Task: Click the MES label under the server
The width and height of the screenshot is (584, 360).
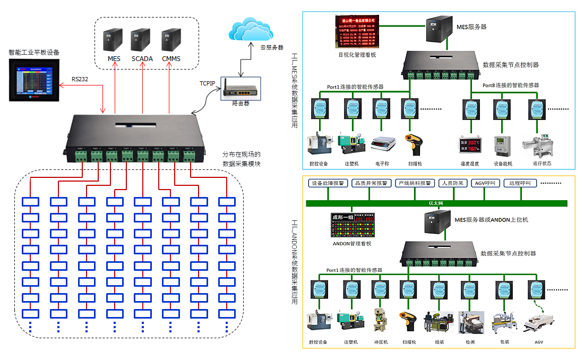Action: point(114,58)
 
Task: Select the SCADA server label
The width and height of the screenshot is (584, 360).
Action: point(142,58)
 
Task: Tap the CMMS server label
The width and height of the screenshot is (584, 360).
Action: point(171,58)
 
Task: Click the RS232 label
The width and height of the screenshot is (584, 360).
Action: point(80,79)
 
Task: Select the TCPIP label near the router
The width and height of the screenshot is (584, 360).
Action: point(208,83)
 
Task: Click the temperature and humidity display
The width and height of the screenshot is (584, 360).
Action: point(470,146)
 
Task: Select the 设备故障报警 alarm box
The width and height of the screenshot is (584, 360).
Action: point(328,183)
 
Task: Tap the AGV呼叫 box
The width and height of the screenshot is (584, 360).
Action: point(486,183)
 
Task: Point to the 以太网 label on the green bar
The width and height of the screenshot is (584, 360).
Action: point(436,203)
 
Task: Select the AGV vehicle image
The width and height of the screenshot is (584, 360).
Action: point(538,322)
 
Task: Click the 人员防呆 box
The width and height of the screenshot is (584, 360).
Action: point(452,183)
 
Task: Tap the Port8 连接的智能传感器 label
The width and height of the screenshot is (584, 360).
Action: point(510,85)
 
